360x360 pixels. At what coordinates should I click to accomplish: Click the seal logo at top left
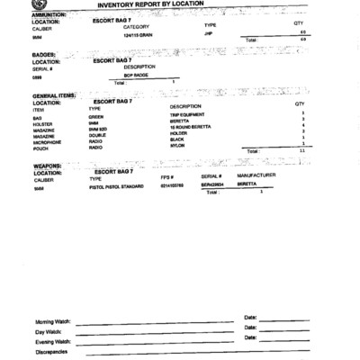coord(35,5)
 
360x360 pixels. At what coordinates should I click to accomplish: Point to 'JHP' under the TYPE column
coord(208,33)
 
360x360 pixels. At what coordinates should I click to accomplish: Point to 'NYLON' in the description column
coord(176,148)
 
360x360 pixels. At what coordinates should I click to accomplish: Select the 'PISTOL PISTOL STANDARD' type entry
coord(116,186)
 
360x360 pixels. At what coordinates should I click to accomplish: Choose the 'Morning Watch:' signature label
coord(53,322)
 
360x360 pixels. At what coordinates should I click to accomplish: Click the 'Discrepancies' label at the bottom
coord(51,352)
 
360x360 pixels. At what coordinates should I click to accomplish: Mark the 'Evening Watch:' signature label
coord(53,342)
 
